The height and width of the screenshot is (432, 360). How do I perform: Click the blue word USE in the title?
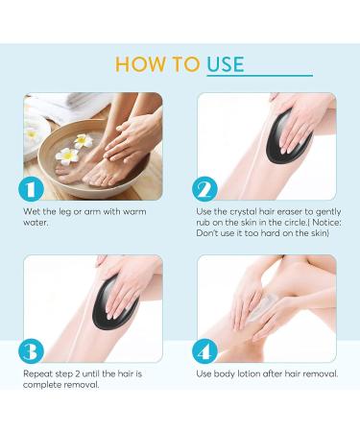coord(223,63)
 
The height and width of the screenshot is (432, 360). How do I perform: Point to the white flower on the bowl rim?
coord(69,154)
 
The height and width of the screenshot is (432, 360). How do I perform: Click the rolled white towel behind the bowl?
coord(43,108)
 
